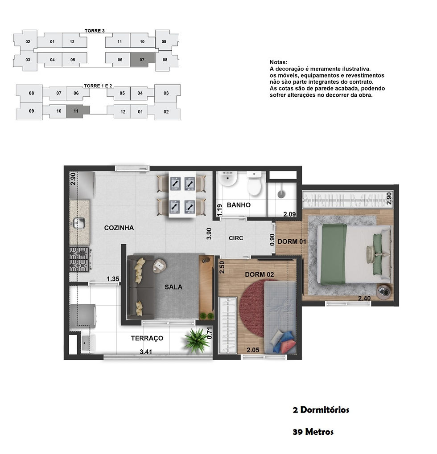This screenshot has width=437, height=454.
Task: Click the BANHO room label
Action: click(239, 205)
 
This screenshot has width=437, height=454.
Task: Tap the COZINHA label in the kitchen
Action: click(119, 228)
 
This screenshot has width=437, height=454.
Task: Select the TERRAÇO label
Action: click(147, 338)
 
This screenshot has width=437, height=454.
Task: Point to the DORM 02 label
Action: click(260, 274)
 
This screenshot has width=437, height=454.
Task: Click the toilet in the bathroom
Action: click(254, 183)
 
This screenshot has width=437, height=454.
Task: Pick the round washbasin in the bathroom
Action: click(228, 179)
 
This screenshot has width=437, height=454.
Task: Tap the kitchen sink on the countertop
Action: click(78, 223)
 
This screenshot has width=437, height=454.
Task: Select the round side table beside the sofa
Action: click(159, 266)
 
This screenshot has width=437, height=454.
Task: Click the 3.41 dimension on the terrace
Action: click(146, 352)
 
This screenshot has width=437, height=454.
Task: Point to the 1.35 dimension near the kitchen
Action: click(113, 279)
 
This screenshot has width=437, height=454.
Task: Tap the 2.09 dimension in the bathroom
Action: click(289, 214)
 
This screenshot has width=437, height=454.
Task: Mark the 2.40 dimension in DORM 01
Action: click(364, 298)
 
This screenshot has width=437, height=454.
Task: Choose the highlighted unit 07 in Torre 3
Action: click(142, 60)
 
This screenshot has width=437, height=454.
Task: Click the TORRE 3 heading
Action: click(95, 31)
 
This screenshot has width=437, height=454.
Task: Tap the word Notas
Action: click(279, 62)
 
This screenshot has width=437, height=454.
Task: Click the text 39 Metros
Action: click(313, 432)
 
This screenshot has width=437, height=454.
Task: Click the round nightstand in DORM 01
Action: click(385, 291)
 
